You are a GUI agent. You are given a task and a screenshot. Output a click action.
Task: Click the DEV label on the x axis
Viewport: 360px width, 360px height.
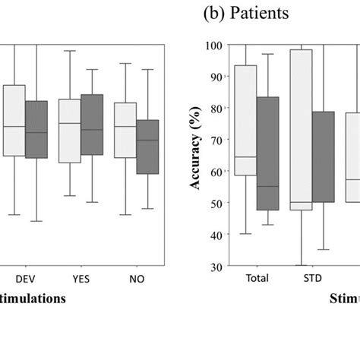[25, 279]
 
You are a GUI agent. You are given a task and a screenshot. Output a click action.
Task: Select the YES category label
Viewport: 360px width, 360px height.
[81, 279]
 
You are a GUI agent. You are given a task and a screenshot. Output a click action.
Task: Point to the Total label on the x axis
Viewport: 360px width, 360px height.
[257, 279]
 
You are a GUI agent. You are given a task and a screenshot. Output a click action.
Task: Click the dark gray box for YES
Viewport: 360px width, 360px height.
[92, 125]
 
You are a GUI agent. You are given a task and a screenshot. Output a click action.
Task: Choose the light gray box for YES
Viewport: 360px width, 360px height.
[70, 131]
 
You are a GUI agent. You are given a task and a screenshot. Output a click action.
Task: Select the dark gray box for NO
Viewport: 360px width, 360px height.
[147, 147]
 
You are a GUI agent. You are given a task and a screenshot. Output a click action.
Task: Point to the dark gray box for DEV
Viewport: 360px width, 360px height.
[36, 129]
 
